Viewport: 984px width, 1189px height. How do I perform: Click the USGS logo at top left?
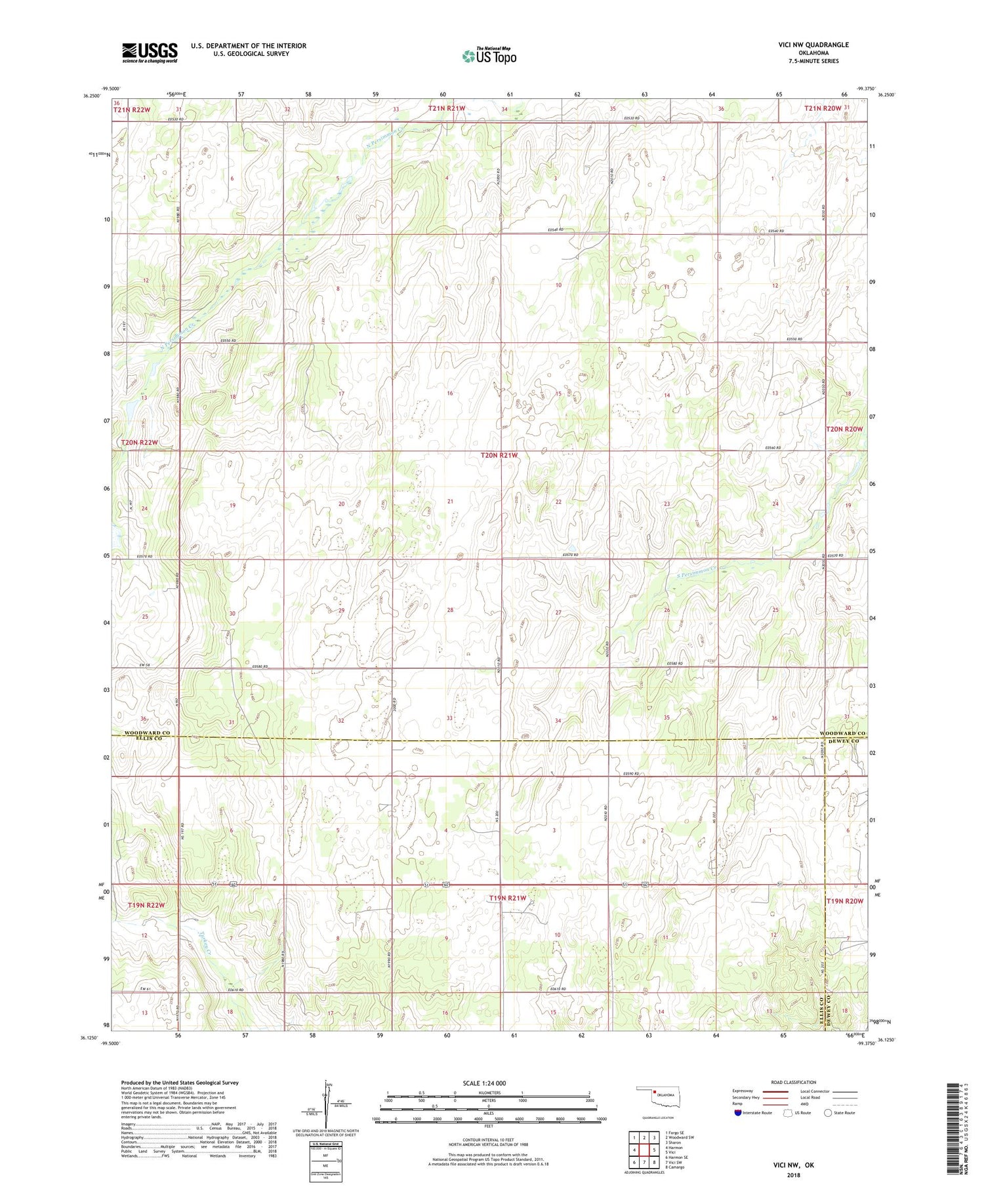pos(150,52)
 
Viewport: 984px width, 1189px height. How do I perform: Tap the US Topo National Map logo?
pos(489,56)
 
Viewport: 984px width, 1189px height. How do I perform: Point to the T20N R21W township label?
pos(499,454)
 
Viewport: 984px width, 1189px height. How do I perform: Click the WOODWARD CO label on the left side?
pos(150,733)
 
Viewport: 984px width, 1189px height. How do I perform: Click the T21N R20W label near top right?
pos(823,108)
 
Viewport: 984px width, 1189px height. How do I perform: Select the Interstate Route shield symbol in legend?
pos(739,1113)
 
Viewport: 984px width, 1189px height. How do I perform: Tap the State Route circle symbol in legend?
pos(829,1113)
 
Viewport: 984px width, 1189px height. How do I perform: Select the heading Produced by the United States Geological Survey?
pos(180,1083)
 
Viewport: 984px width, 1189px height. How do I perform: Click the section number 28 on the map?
pos(450,610)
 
